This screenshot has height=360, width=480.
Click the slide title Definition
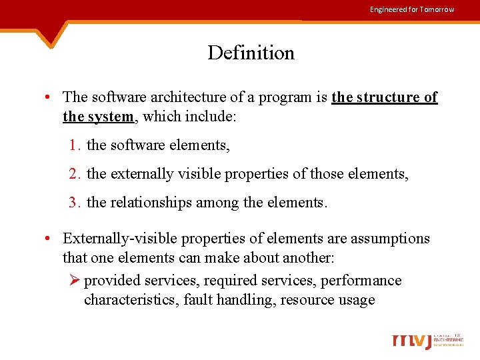click(251, 53)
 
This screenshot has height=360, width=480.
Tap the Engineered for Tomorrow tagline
click(412, 9)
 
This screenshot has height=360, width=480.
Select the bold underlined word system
click(111, 117)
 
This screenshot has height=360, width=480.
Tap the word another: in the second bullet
click(309, 257)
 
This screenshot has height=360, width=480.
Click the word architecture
click(176, 97)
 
